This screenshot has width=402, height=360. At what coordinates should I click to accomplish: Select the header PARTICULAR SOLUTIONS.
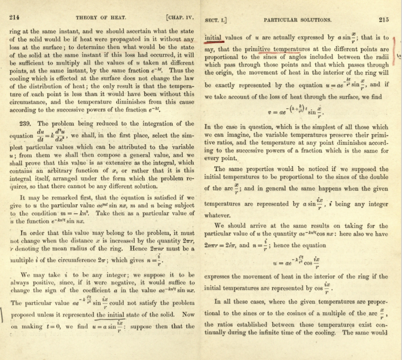297,20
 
